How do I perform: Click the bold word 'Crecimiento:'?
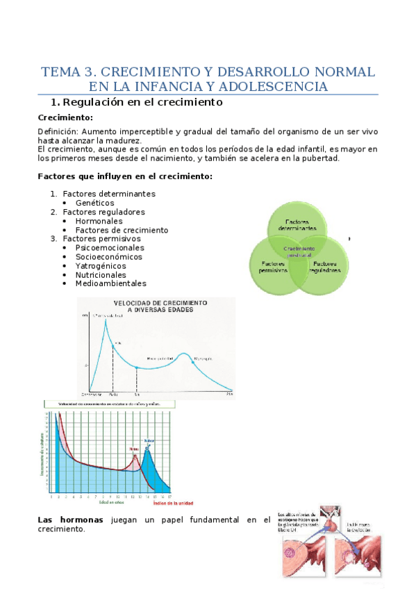click(64, 117)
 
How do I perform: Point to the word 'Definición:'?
click(58, 131)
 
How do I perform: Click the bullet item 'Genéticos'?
click(95, 203)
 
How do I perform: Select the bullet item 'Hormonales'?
click(100, 221)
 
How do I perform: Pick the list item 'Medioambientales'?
click(111, 283)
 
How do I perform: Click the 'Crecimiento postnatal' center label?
click(298, 251)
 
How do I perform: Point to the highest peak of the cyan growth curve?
click(106, 320)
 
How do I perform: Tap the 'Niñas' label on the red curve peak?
click(135, 449)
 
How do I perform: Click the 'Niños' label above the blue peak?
click(149, 440)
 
